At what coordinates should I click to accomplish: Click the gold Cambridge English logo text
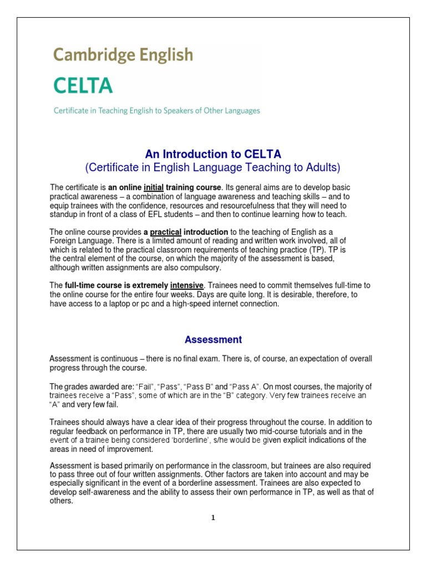point(123,55)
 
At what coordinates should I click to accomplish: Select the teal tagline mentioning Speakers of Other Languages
point(156,111)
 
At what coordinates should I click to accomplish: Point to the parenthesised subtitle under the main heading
point(211,167)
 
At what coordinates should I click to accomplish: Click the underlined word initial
point(154,187)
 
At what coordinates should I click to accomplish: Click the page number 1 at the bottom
point(212,518)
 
